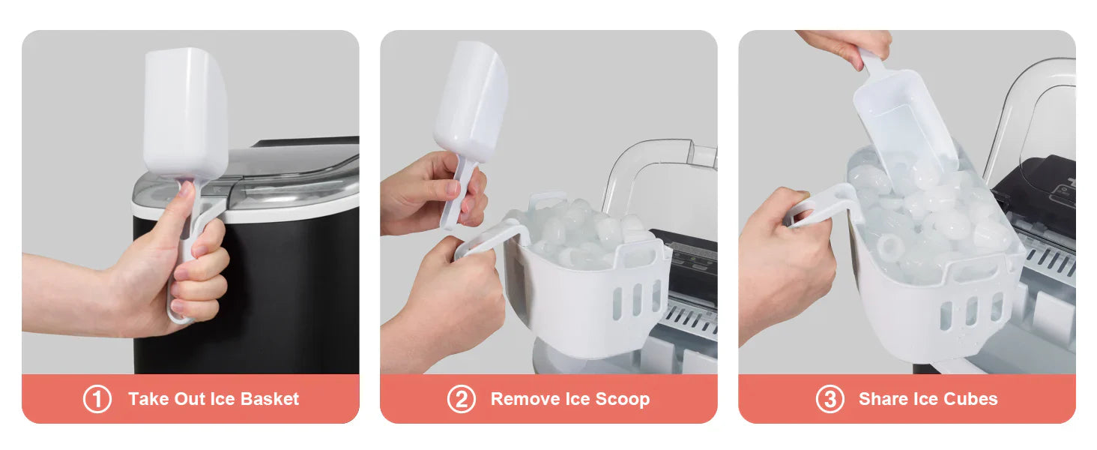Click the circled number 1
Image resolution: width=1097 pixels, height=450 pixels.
[97, 399]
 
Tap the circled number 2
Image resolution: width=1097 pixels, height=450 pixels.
[461, 399]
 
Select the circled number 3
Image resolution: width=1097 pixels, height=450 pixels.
[829, 399]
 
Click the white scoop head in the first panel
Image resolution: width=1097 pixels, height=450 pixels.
[185, 112]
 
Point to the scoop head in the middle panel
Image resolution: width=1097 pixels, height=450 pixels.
[471, 101]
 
